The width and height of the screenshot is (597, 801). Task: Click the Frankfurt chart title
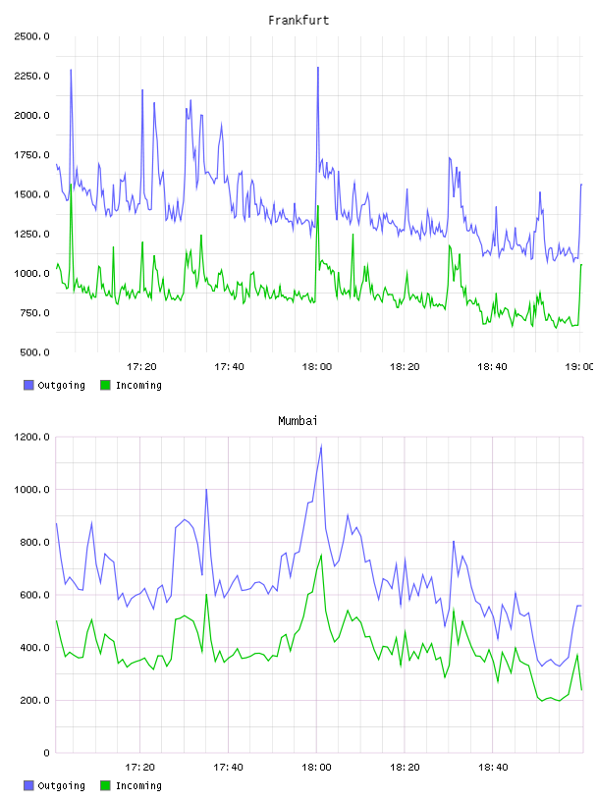click(x=298, y=21)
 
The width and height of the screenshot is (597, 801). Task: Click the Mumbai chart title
click(x=298, y=421)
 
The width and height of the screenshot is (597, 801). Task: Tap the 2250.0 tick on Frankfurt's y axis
click(x=31, y=77)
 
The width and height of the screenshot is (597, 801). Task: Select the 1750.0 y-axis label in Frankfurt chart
click(x=31, y=155)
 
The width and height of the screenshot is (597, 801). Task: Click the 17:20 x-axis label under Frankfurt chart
click(x=141, y=367)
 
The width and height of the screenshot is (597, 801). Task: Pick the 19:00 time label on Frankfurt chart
click(x=579, y=367)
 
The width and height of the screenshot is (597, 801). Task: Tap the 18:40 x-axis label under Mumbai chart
click(x=493, y=768)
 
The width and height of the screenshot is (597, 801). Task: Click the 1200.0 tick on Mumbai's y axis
click(x=31, y=437)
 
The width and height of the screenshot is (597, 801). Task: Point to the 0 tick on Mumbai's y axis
click(x=46, y=753)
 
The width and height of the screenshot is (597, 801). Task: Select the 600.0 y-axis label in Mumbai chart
click(x=34, y=595)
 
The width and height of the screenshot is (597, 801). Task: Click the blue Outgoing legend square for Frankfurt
click(x=28, y=385)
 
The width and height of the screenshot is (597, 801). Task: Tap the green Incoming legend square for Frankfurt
click(x=105, y=385)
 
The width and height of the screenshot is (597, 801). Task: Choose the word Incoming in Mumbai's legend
click(x=138, y=785)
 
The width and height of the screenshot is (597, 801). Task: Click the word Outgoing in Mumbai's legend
click(x=61, y=785)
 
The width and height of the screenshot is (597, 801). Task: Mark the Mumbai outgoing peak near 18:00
click(x=321, y=446)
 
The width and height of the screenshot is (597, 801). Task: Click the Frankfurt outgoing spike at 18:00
click(x=317, y=68)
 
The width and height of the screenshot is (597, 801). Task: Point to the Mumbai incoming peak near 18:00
click(x=321, y=555)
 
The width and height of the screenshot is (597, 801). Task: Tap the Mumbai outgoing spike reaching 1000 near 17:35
click(x=206, y=490)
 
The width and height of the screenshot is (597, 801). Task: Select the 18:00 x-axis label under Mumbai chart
click(x=316, y=768)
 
